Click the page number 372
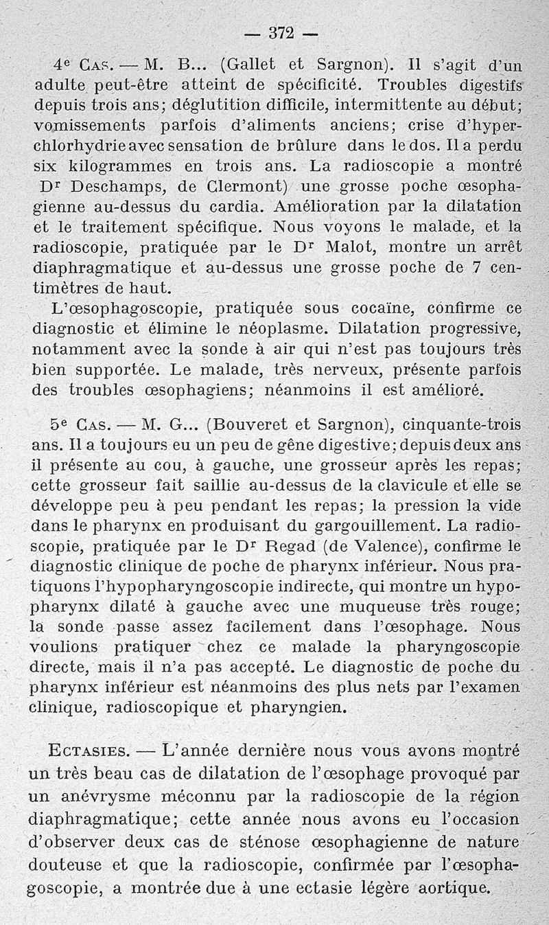point(281,32)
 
